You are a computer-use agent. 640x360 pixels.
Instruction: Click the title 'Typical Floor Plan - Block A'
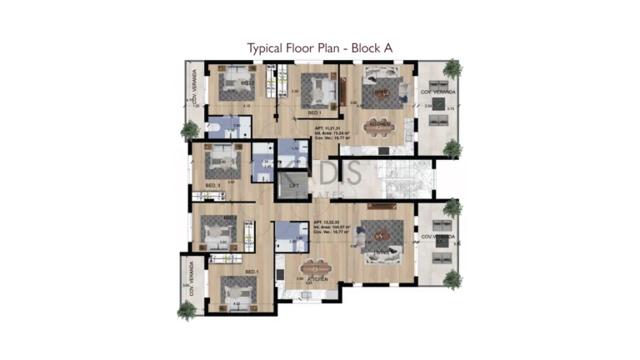pos(319,47)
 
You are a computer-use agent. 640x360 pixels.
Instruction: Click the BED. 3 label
pos(212,184)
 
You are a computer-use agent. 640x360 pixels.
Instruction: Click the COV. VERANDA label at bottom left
pos(191,278)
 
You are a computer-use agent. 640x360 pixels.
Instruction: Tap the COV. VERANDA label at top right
pos(437,92)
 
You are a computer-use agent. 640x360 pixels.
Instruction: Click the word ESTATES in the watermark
pos(321,194)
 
